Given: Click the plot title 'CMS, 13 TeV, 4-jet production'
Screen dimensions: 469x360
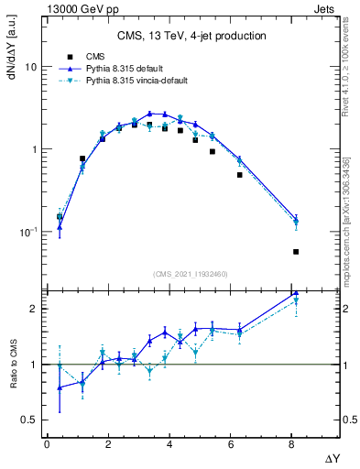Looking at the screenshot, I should pos(192,36).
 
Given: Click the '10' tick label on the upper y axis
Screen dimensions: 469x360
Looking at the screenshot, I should pos(30,68).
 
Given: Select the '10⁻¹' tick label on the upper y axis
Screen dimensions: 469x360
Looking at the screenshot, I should pos(28,231).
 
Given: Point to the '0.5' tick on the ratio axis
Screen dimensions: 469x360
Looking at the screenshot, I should pos(28,420).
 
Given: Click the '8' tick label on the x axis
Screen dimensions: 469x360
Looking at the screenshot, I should pos(291,444).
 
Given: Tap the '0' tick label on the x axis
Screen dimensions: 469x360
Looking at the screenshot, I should pos(47,444).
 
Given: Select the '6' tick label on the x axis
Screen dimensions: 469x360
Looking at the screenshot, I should pos(230,444).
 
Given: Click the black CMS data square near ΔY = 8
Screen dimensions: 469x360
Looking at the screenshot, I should pos(296,251).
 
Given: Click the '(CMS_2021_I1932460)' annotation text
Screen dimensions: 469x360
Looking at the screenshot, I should pos(191,273).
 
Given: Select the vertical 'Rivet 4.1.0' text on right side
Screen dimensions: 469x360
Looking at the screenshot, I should pos(348,73).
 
